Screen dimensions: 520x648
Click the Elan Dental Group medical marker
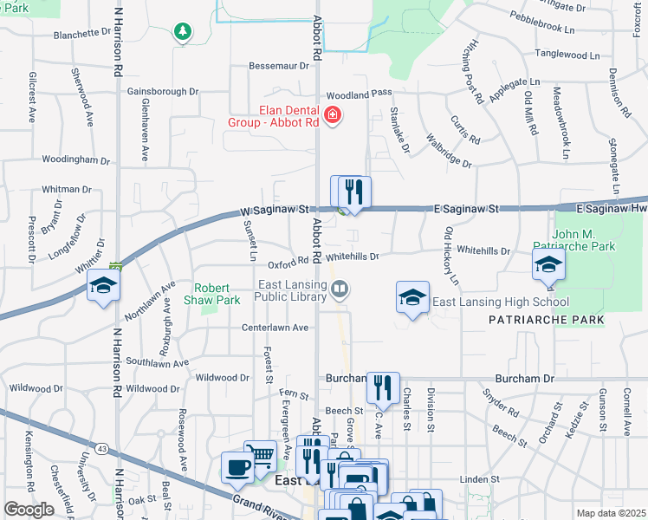331,115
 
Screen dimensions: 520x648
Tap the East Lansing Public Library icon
341,290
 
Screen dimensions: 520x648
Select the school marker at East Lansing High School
412,296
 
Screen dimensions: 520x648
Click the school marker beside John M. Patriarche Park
548,263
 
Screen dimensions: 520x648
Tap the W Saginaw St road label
275,210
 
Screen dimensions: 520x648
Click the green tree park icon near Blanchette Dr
182,32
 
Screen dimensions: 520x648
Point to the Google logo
29,510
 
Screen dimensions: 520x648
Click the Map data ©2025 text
611,513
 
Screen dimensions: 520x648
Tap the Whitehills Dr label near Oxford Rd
353,257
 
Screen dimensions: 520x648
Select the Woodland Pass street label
360,93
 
